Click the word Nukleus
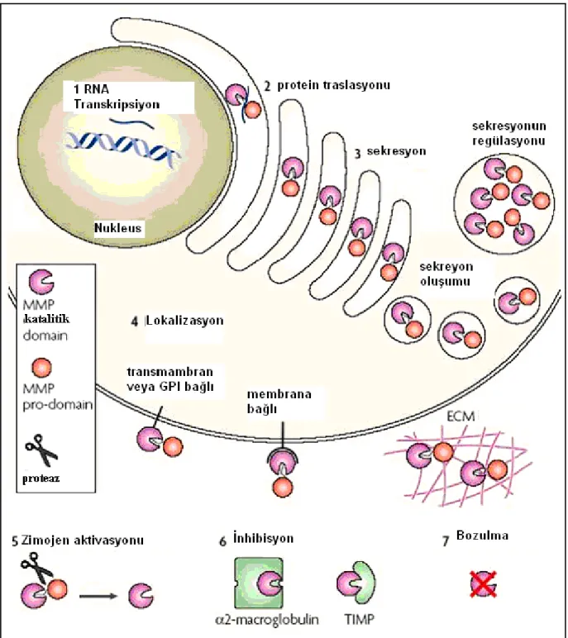coord(117,227)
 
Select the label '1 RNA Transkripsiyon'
coord(117,97)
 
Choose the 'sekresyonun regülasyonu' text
coord(509,133)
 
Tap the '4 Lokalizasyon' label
coord(177,321)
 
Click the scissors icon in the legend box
coord(41,450)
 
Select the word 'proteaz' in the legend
coord(41,479)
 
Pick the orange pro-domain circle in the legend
coord(41,368)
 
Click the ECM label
coord(461,417)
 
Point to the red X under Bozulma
coord(484,584)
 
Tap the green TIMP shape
coord(363,583)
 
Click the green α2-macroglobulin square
coord(259,583)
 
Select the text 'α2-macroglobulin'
coord(267,620)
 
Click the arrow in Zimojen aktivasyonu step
coord(98,597)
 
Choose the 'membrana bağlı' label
coord(279,401)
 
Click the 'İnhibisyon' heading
coord(263,538)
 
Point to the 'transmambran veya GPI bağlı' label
coord(170,379)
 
